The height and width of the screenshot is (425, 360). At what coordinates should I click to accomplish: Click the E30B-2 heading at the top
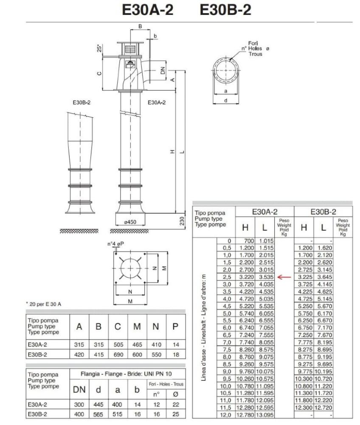tap(225, 10)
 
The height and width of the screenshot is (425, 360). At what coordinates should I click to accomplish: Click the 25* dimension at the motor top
tap(99, 48)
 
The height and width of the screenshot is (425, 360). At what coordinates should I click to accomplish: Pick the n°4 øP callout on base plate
tap(115, 244)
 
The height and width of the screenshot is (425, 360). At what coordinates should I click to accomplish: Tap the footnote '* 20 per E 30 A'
tap(44, 304)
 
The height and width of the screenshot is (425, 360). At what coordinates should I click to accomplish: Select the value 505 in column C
tap(118, 345)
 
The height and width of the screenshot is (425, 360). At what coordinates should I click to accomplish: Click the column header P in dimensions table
tap(175, 327)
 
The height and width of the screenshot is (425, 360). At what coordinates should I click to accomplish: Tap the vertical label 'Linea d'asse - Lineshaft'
tap(204, 327)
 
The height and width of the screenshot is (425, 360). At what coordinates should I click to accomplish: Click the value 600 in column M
tap(137, 354)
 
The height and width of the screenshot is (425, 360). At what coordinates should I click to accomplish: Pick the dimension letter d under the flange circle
tap(225, 101)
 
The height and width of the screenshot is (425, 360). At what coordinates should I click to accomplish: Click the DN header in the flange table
tap(79, 389)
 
